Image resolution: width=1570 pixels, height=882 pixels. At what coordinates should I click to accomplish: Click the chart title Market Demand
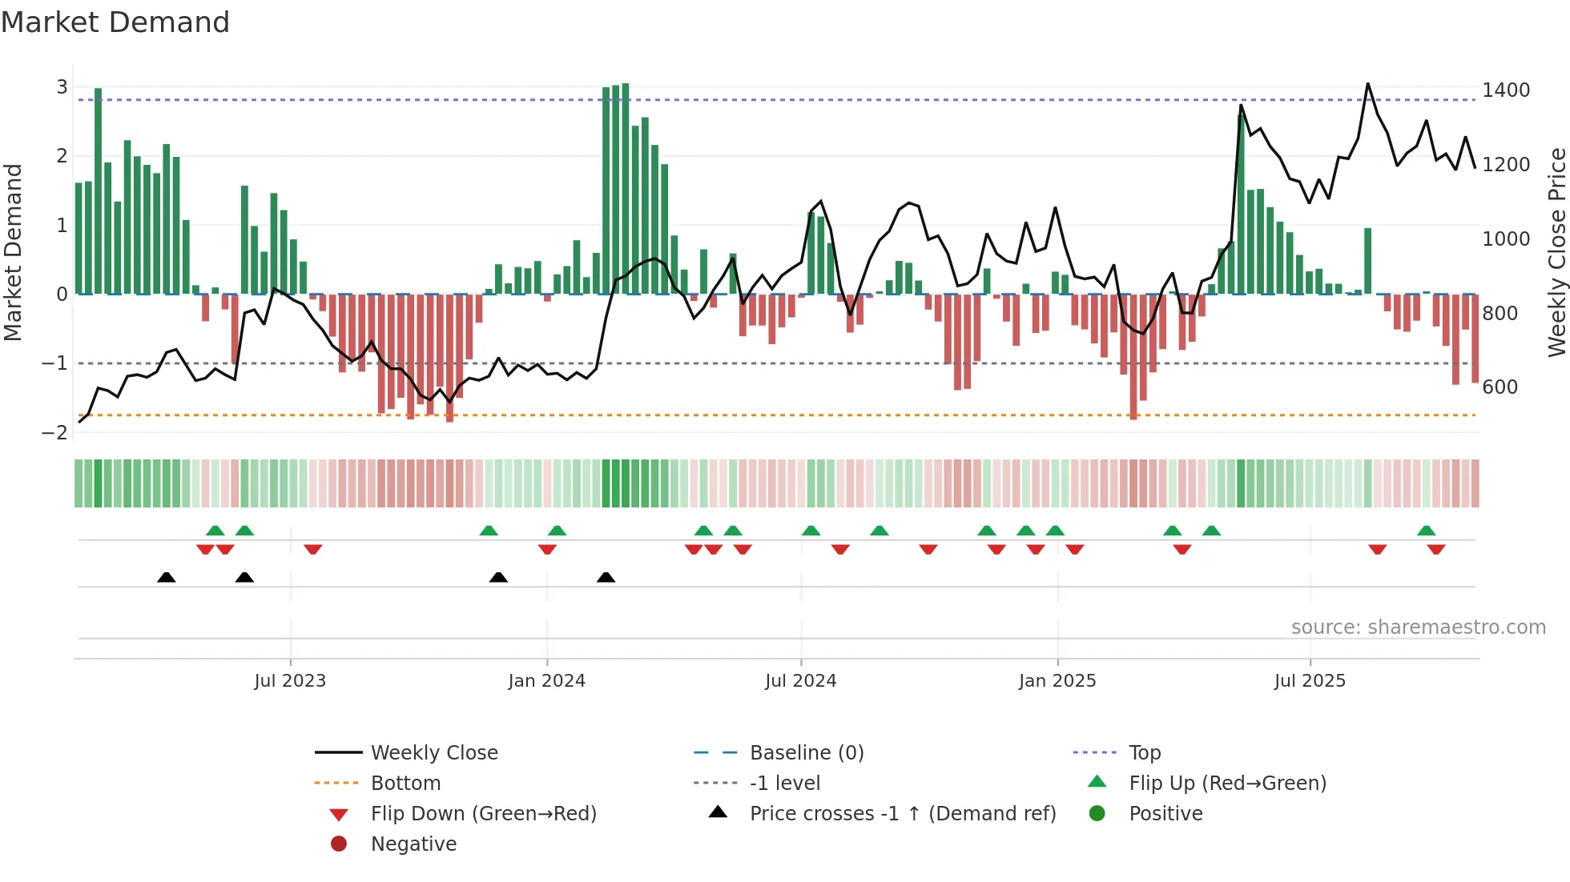115,22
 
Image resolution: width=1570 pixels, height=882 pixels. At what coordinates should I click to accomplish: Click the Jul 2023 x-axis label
290,681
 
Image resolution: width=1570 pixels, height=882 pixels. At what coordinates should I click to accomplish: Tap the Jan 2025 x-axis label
1057,681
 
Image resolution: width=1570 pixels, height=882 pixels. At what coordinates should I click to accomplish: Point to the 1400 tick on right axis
1505,90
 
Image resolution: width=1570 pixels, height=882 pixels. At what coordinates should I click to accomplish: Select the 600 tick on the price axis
1500,387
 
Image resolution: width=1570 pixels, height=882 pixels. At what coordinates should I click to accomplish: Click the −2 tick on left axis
54,433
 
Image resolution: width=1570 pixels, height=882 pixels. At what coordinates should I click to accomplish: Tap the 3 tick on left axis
62,87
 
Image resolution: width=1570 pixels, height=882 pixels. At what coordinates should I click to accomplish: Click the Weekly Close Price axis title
1556,252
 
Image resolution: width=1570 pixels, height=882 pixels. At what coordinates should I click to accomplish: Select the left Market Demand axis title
13,252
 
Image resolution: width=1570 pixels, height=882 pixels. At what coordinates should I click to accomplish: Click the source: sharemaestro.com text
1418,627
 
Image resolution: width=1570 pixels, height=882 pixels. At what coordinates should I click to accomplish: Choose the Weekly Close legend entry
433,753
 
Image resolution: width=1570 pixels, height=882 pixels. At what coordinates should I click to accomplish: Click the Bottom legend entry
405,784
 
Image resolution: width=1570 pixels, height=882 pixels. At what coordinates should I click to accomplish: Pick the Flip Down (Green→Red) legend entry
483,814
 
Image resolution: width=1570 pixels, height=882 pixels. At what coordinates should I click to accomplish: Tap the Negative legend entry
413,844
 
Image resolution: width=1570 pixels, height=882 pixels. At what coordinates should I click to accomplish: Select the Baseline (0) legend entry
806,753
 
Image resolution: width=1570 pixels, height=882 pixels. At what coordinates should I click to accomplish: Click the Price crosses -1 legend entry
902,814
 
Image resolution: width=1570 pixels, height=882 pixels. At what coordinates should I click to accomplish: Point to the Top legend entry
1144,753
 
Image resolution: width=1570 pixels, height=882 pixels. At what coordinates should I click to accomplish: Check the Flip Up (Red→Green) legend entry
1227,784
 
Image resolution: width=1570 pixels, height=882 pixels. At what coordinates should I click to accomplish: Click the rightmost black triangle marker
606,577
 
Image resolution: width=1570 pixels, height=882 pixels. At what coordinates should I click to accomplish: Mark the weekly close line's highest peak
1367,84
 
